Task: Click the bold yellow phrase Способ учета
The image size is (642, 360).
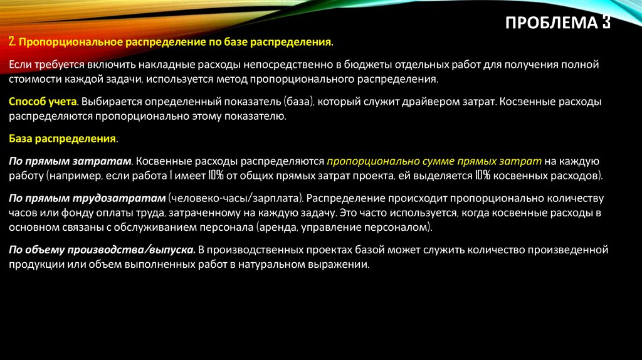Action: (43, 101)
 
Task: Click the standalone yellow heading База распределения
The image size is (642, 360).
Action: (63, 137)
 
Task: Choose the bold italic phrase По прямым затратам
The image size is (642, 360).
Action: (70, 161)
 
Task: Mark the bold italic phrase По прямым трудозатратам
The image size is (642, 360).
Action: (87, 198)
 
